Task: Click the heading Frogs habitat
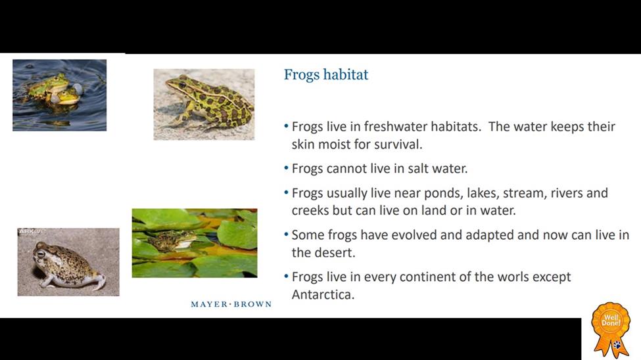326,75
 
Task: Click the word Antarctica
323,294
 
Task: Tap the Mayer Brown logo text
231,304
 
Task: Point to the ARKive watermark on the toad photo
32,232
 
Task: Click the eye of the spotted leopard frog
182,85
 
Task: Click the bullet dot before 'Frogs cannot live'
286,168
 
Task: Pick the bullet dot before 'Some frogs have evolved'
286,235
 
